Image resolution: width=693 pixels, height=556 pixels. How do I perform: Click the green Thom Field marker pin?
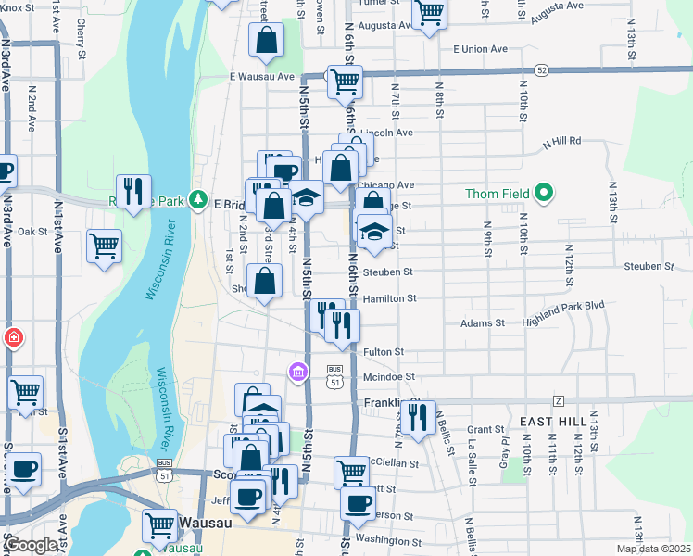[544, 194]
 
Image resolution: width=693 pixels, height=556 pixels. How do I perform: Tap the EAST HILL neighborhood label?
[553, 421]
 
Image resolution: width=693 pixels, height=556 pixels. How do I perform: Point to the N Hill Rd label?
[561, 141]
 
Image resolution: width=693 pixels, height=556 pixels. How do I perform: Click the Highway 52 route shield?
[542, 69]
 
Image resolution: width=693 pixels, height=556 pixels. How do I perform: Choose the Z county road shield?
[558, 400]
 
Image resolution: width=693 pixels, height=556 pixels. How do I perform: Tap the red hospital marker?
[13, 337]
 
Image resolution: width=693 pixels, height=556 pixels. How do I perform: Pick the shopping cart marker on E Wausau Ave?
[345, 82]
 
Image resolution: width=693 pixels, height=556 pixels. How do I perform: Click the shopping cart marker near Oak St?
[105, 246]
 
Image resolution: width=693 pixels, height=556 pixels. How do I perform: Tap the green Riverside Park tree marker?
[196, 199]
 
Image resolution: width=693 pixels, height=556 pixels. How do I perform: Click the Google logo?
[31, 545]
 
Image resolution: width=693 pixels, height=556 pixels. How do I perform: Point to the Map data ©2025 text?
[654, 549]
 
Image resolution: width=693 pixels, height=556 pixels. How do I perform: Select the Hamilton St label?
[389, 298]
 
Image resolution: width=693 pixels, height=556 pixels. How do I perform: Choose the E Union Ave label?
[481, 48]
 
